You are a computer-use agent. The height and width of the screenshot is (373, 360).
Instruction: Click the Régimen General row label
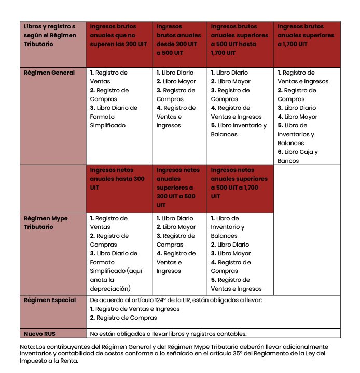(49, 73)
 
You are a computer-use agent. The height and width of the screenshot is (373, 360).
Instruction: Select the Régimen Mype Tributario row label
(46, 222)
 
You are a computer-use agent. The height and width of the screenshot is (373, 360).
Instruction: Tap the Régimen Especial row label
(50, 300)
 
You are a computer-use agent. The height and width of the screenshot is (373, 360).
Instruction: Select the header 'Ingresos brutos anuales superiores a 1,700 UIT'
(306, 35)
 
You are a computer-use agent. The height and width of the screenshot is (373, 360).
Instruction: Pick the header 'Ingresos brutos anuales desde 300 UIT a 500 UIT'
(178, 39)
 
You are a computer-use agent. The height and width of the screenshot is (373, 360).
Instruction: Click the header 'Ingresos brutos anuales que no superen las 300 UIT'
(119, 35)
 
